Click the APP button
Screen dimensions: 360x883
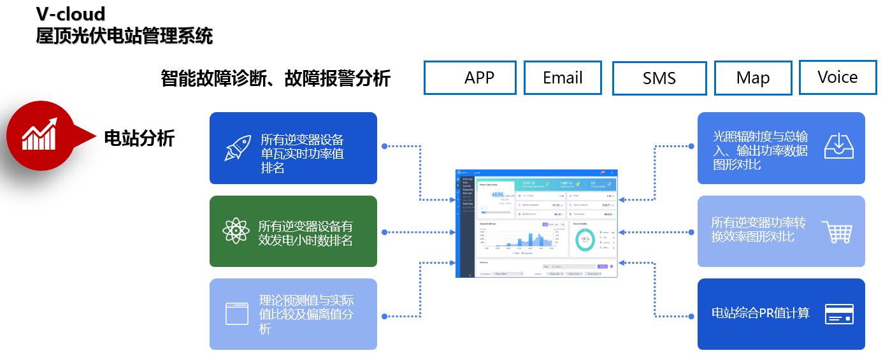tap(470, 78)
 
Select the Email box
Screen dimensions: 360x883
tap(563, 78)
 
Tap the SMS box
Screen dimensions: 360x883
tap(659, 78)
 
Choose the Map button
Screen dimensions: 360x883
tap(753, 78)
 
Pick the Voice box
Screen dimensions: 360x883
tap(837, 77)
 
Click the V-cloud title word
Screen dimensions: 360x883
tap(70, 13)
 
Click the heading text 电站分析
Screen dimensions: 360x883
tap(139, 138)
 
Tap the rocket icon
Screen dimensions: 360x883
tap(237, 147)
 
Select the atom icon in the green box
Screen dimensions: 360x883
tap(236, 231)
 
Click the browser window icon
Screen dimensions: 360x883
tap(236, 314)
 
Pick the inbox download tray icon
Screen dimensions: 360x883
tap(839, 146)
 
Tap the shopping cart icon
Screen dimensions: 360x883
tap(837, 231)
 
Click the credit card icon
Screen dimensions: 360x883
tap(839, 314)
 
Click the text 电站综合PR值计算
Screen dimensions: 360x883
tap(760, 313)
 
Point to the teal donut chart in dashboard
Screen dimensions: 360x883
tap(584, 240)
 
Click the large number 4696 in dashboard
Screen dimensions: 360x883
tap(498, 195)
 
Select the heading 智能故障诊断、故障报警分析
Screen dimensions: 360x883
tap(275, 78)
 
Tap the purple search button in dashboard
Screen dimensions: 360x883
tap(603, 266)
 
